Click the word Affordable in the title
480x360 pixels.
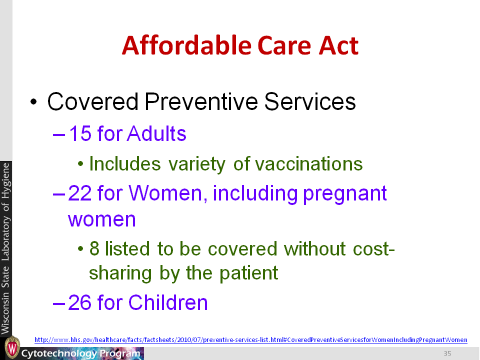point(186,45)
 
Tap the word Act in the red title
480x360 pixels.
point(338,45)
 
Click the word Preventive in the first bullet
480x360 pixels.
point(201,101)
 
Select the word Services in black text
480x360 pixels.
point(310,101)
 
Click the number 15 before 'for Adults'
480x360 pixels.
point(80,133)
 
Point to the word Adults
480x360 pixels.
point(156,133)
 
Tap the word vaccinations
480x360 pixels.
point(308,164)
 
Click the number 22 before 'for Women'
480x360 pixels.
point(80,193)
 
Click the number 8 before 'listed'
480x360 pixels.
point(94,248)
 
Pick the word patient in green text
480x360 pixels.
point(248,273)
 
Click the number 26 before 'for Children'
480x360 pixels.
point(80,302)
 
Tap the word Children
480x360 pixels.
point(168,302)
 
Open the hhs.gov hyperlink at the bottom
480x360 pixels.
point(250,339)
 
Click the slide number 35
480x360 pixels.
point(447,353)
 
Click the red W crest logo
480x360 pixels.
point(12,347)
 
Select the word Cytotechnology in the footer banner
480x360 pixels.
point(59,353)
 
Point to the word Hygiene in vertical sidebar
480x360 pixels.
point(6,181)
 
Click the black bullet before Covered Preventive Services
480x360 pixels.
point(33,102)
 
